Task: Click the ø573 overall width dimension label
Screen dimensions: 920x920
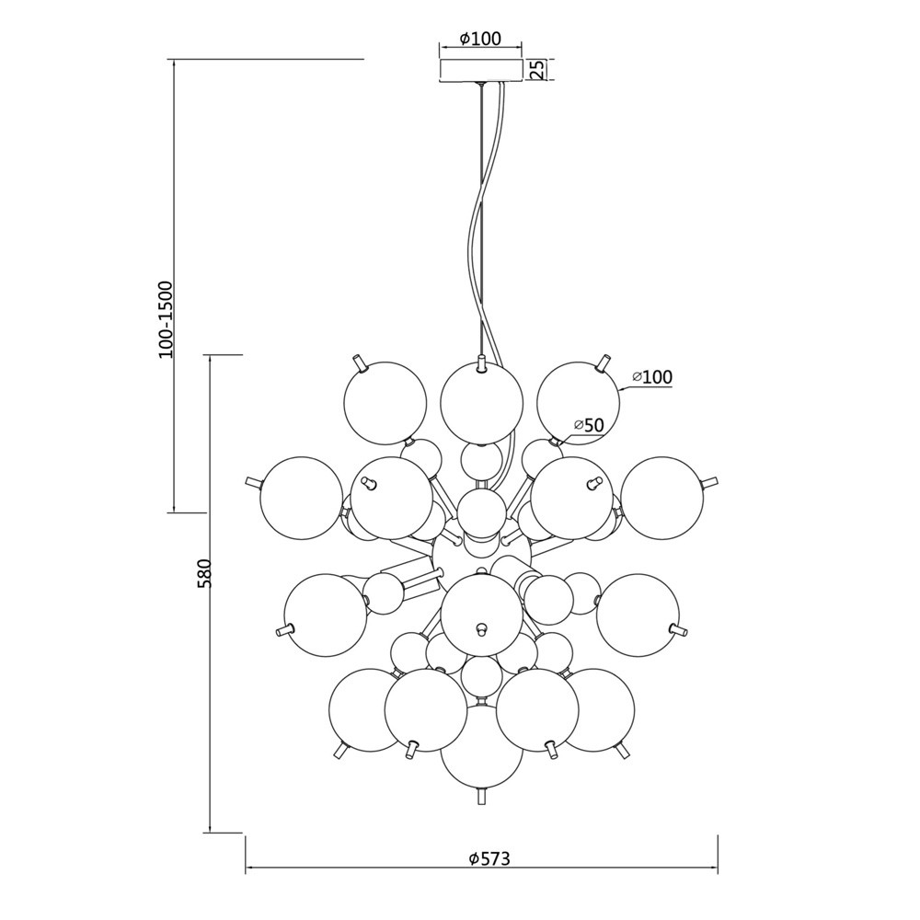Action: click(490, 859)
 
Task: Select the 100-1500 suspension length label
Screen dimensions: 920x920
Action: click(166, 320)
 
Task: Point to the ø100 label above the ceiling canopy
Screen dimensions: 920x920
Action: click(481, 39)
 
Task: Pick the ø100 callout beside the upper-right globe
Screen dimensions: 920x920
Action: click(652, 376)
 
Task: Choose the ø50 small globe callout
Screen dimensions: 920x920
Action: click(589, 425)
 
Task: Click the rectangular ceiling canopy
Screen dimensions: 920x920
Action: click(481, 70)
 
